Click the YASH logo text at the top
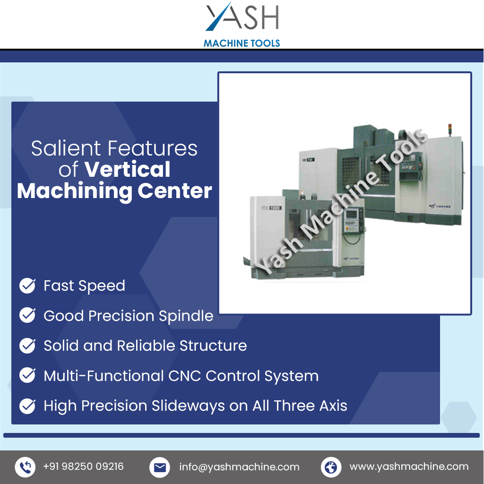pyautogui.click(x=242, y=18)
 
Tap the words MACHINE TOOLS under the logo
pyautogui.click(x=242, y=43)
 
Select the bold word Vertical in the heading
pyautogui.click(x=128, y=169)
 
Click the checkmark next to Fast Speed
pyautogui.click(x=27, y=285)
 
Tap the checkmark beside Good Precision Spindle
pyautogui.click(x=27, y=315)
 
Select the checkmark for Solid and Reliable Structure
pyautogui.click(x=27, y=346)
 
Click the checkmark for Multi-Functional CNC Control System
pyautogui.click(x=27, y=376)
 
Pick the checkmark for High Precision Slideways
pyautogui.click(x=27, y=406)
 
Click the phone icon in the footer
pyautogui.click(x=25, y=467)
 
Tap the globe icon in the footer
pyautogui.click(x=331, y=467)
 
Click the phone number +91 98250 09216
pyautogui.click(x=83, y=467)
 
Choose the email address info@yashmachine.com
pyautogui.click(x=239, y=467)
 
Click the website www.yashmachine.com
pyautogui.click(x=409, y=467)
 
